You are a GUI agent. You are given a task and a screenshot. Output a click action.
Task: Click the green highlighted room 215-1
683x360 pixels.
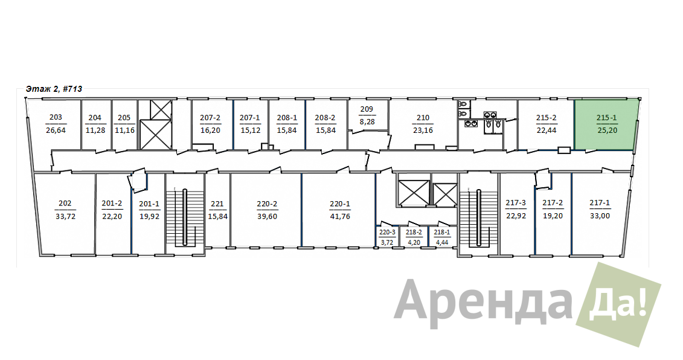[x=606, y=124]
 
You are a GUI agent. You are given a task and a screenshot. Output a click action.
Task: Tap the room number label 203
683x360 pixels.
[x=56, y=117]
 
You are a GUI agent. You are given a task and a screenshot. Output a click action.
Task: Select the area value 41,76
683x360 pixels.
[x=340, y=217]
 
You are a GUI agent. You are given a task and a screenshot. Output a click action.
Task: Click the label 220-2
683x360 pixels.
[x=267, y=204]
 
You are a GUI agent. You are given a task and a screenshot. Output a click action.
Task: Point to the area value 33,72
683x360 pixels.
[x=65, y=216]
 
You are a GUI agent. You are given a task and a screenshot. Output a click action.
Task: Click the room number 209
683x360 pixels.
[x=367, y=109]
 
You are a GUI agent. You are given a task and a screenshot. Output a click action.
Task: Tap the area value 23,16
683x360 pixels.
[x=423, y=130]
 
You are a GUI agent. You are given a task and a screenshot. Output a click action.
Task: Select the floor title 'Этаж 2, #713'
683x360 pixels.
[x=54, y=89]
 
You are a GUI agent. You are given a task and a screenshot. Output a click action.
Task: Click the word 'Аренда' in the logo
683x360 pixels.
[x=482, y=300]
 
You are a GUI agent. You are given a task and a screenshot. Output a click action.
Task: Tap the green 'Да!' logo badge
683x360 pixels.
[x=619, y=304]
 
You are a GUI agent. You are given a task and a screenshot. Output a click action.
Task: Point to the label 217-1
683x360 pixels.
[x=600, y=203]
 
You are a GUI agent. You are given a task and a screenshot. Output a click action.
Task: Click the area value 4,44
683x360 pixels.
[x=441, y=242]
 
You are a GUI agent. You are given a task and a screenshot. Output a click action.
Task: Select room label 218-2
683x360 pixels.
[x=414, y=233]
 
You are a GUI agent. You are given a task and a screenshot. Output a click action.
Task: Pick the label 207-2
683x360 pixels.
[x=210, y=118]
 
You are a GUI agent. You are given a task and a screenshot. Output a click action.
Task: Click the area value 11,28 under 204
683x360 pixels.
[x=95, y=130]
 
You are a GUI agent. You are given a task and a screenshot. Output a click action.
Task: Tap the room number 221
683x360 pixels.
[x=217, y=204]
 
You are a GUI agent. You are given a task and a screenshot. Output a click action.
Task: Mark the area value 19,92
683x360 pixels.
[x=149, y=217]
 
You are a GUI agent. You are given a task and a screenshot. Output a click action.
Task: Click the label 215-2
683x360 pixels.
[x=547, y=118]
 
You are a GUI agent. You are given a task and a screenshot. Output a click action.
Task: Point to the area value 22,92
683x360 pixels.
[x=516, y=216]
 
